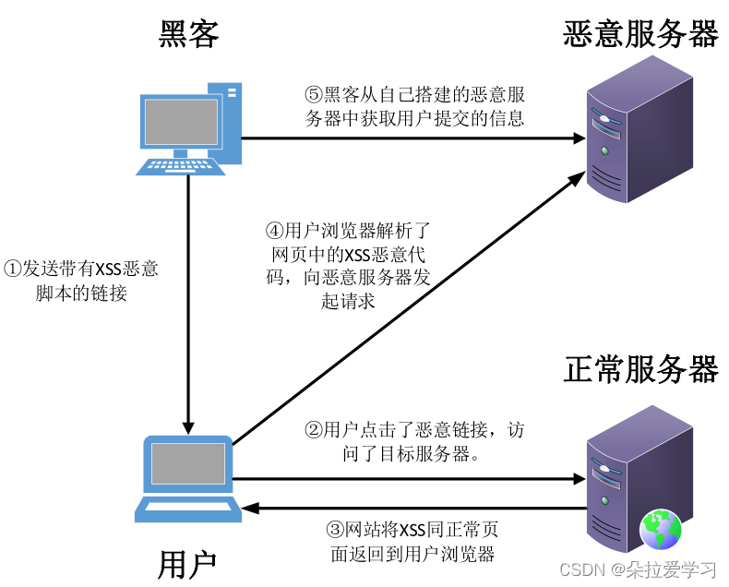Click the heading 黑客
point(188,35)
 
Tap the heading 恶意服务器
point(640,35)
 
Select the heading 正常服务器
point(640,369)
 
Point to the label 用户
point(187,562)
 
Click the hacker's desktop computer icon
point(188,129)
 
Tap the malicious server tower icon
point(639,130)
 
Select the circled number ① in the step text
point(12,270)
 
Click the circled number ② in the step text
point(314,429)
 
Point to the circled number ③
point(336,530)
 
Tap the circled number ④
point(275,229)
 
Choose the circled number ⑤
point(314,94)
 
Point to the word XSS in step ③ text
point(412,530)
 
